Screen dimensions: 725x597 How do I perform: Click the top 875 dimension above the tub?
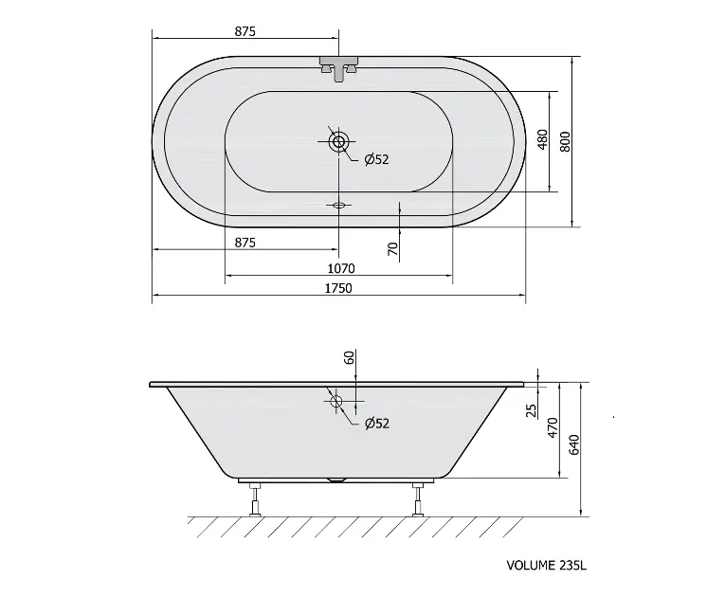[x=245, y=31]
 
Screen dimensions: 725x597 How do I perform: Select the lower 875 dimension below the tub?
[x=245, y=243]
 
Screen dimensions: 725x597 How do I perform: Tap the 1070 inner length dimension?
[x=341, y=268]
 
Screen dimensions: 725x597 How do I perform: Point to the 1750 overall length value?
[x=338, y=288]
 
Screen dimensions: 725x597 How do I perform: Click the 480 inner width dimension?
[x=542, y=139]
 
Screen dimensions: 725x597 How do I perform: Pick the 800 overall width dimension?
[x=565, y=141]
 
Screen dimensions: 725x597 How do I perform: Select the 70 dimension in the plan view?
[x=392, y=249]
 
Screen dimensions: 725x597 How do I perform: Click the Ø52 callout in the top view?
[x=376, y=159]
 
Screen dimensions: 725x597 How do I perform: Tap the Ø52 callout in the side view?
[x=377, y=424]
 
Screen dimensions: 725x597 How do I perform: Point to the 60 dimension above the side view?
[x=349, y=357]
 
